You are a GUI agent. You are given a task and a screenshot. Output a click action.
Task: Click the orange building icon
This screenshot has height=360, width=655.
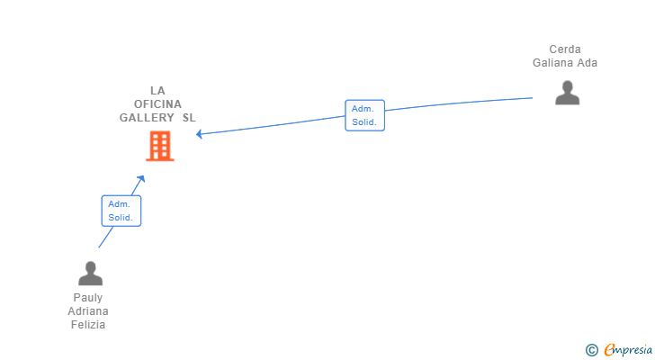click(160, 146)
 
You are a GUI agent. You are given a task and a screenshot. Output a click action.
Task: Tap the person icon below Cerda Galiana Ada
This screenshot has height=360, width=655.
click(567, 93)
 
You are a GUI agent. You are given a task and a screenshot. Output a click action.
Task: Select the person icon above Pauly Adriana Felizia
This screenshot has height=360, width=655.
click(90, 273)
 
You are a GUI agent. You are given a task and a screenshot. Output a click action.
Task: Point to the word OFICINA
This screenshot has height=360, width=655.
click(158, 104)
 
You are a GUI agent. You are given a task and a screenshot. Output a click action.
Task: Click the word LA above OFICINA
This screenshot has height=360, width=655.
click(158, 91)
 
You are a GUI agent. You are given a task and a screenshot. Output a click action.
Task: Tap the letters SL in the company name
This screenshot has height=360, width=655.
click(189, 118)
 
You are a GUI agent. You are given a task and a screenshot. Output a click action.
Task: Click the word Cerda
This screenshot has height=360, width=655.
click(565, 49)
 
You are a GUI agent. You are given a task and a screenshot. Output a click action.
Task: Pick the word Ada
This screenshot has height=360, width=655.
click(588, 63)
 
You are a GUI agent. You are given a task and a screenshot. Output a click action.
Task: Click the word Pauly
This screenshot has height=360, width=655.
click(88, 298)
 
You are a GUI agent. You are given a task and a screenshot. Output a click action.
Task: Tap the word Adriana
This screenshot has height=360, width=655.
click(88, 311)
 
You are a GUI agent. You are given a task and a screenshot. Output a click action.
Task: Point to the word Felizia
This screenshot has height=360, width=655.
click(88, 325)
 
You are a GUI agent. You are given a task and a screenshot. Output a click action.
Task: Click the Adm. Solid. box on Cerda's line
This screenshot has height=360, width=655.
click(364, 115)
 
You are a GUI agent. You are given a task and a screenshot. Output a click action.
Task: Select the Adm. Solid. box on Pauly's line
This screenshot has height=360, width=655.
click(121, 211)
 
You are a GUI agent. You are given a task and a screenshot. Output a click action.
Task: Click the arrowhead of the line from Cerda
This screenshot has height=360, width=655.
click(199, 134)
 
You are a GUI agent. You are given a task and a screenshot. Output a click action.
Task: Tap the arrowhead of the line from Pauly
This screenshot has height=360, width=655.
click(141, 179)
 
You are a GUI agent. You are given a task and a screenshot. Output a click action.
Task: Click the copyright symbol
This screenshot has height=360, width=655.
click(591, 350)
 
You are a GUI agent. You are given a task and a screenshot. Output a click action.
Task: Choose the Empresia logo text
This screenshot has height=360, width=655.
click(628, 350)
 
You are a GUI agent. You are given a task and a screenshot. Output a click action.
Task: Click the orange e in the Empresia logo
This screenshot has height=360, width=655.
click(609, 350)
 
